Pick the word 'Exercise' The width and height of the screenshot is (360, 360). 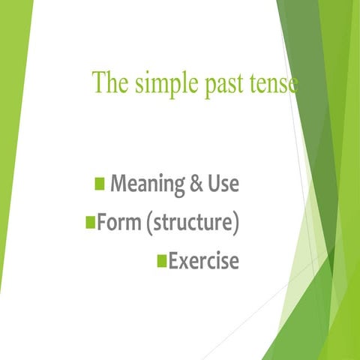pyautogui.click(x=203, y=261)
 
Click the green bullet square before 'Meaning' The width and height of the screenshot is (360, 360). pyautogui.click(x=100, y=183)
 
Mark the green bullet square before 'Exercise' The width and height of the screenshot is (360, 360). pyautogui.click(x=160, y=261)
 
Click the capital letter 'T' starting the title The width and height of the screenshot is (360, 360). pyautogui.click(x=99, y=82)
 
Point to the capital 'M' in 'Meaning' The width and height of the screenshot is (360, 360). pyautogui.click(x=118, y=183)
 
